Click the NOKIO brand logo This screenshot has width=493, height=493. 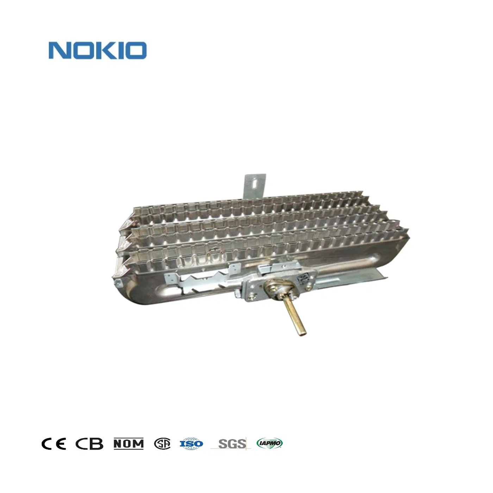click(98, 50)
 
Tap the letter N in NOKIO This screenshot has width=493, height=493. click(58, 50)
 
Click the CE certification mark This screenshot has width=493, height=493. click(54, 444)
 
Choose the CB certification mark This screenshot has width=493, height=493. click(89, 444)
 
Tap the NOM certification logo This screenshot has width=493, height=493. click(129, 444)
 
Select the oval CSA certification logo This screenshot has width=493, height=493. click(162, 444)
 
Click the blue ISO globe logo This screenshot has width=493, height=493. click(191, 444)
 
